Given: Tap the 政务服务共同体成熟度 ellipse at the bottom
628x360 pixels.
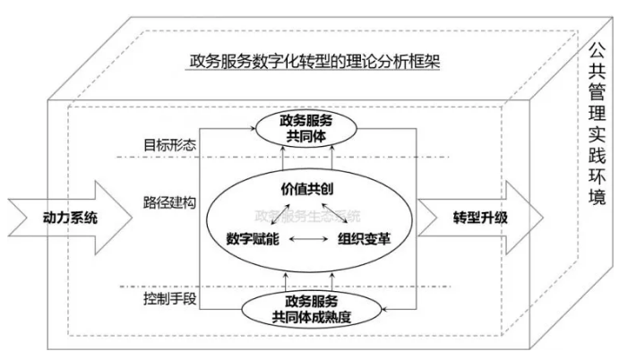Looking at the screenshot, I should coord(307,309).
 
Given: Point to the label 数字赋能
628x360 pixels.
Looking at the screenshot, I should coord(254,240).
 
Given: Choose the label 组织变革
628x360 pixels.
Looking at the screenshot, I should coord(362,240).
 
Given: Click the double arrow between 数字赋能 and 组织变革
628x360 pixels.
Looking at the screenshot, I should coord(308,240).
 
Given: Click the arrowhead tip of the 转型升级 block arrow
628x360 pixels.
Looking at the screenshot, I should coord(542,218).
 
